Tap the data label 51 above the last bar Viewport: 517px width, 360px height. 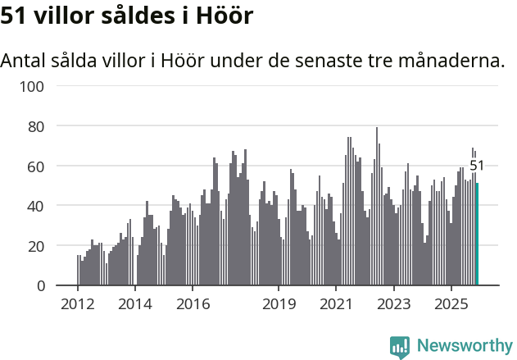tap(477, 166)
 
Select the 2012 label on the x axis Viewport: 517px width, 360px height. tap(77, 305)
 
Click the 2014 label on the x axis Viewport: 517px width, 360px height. tap(134, 305)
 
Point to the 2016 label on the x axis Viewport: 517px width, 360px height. tap(192, 305)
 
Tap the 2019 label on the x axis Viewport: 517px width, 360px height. tap(279, 305)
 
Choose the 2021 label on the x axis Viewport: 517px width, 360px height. tap(336, 305)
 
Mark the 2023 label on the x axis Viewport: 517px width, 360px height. tap(393, 305)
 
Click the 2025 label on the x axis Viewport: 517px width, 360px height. tap(451, 305)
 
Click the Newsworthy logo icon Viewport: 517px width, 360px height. tap(400, 347)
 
